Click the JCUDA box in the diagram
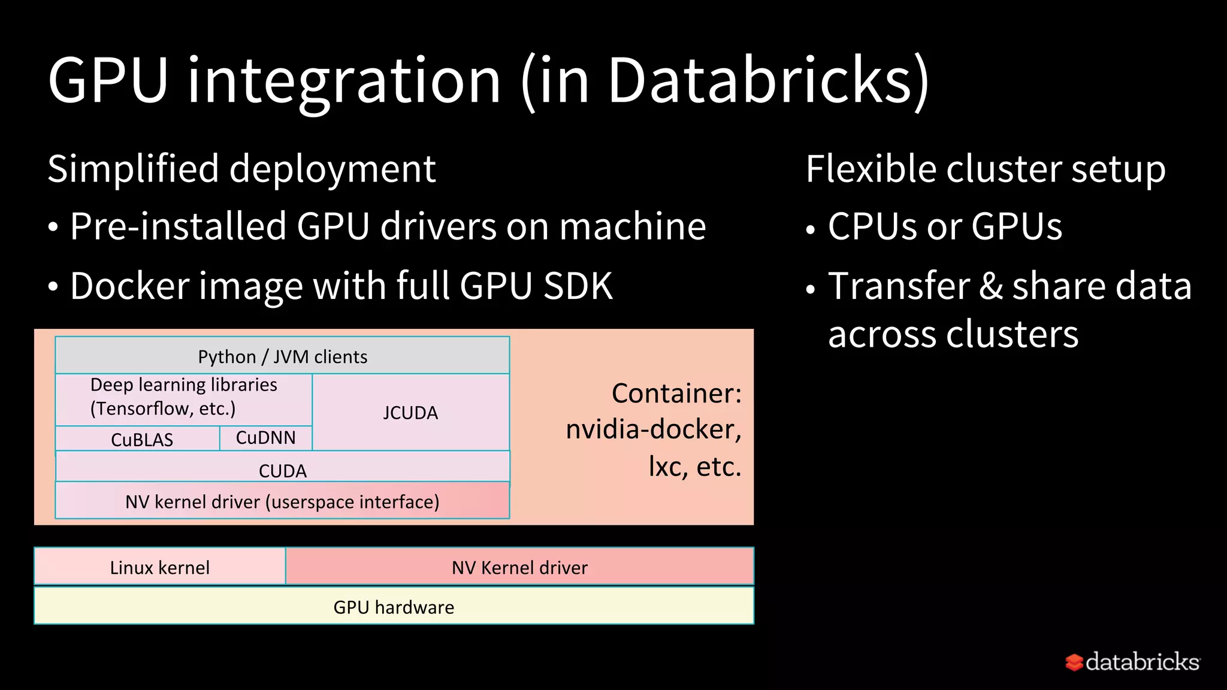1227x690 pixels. pyautogui.click(x=410, y=413)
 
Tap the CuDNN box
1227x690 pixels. pyautogui.click(x=265, y=438)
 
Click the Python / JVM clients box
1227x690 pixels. pyautogui.click(x=282, y=356)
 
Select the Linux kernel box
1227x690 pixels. pyautogui.click(x=159, y=567)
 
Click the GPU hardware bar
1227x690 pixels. pyautogui.click(x=394, y=606)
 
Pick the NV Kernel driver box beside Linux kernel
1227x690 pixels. pyautogui.click(x=519, y=567)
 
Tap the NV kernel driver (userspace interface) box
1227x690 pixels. pyautogui.click(x=282, y=501)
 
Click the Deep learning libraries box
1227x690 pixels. pyautogui.click(x=183, y=397)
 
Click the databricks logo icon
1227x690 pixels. pyautogui.click(x=1074, y=662)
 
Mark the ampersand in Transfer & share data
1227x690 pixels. pyautogui.click(x=991, y=286)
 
